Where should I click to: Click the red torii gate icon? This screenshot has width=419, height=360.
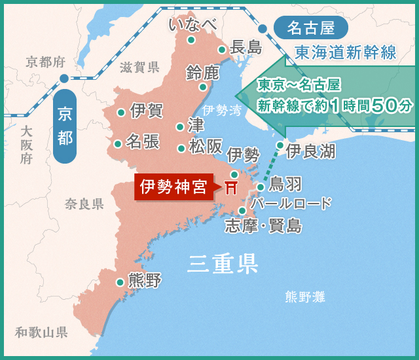pyautogui.click(x=230, y=188)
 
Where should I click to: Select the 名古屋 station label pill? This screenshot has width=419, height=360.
pyautogui.click(x=310, y=28)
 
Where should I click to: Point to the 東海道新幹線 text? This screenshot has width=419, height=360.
pyautogui.click(x=346, y=52)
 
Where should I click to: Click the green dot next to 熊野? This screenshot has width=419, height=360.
pyautogui.click(x=120, y=283)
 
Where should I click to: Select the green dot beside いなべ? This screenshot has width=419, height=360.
pyautogui.click(x=191, y=40)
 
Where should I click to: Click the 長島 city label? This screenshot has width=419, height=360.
pyautogui.click(x=246, y=47)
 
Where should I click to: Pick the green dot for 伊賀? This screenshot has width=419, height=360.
pyautogui.click(x=121, y=113)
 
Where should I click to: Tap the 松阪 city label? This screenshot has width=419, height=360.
pyautogui.click(x=205, y=147)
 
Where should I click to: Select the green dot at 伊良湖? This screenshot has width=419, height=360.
pyautogui.click(x=280, y=145)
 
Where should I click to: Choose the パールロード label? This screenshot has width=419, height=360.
pyautogui.click(x=291, y=204)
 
